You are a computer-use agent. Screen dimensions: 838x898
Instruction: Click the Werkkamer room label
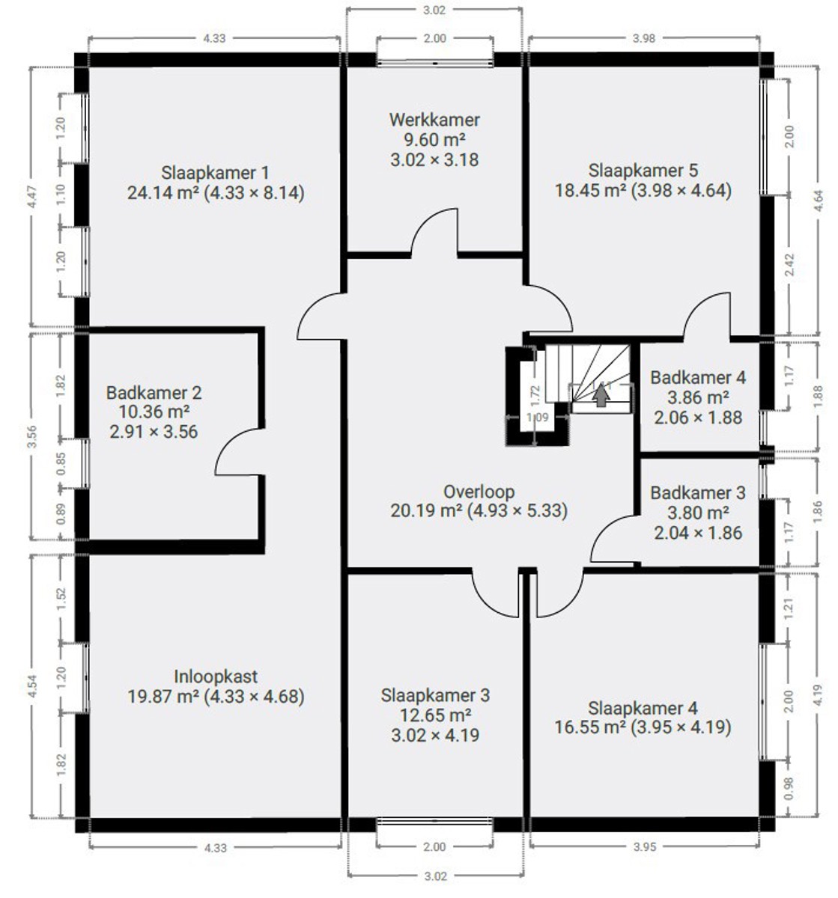[434, 120]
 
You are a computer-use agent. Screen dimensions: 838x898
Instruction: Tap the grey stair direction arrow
[601, 394]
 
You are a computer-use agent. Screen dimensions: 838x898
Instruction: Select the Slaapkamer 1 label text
[215, 173]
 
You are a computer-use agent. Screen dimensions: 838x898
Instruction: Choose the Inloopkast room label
[216, 676]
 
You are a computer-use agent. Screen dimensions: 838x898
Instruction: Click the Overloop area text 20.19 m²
[426, 510]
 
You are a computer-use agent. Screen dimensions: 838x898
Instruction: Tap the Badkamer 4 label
[698, 378]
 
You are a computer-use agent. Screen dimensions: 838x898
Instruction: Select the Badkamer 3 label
[698, 493]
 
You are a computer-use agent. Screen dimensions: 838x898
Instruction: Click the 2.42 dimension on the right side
[789, 265]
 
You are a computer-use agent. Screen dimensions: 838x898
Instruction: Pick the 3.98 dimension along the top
[643, 38]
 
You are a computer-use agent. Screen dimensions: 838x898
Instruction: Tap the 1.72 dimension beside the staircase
[535, 394]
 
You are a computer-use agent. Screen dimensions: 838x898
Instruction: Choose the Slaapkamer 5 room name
[643, 171]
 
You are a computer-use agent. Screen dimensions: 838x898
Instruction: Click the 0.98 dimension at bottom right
[789, 788]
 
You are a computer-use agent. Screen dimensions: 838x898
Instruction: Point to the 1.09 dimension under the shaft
[538, 417]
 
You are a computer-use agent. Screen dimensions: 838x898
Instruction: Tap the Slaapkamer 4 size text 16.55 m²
[590, 727]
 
